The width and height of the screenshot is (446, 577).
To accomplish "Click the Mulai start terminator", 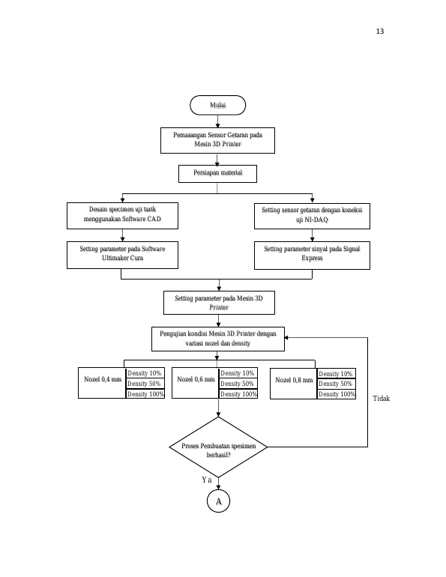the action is pyautogui.click(x=217, y=105).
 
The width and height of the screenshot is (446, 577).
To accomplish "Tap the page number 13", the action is pyautogui.click(x=380, y=31).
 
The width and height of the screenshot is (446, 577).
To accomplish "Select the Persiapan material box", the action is pyautogui.click(x=217, y=174).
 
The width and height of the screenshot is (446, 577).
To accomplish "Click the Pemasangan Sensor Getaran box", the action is pyautogui.click(x=217, y=140).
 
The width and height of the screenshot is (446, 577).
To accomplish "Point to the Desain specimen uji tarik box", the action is pyautogui.click(x=122, y=216).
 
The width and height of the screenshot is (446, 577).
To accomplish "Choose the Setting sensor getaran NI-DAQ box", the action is pyautogui.click(x=312, y=216).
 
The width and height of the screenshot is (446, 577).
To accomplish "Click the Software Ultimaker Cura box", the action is pyautogui.click(x=122, y=255).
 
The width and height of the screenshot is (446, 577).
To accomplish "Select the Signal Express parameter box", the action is pyautogui.click(x=312, y=256).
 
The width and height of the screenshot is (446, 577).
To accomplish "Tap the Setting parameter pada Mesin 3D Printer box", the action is pyautogui.click(x=219, y=303).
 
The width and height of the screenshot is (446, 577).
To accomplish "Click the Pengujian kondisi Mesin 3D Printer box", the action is pyautogui.click(x=218, y=339).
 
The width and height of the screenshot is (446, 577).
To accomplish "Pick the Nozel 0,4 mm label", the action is pyautogui.click(x=103, y=379).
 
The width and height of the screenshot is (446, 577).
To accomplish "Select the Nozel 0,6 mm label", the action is pyautogui.click(x=196, y=379).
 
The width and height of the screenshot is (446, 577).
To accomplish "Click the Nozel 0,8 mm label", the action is pyautogui.click(x=294, y=380).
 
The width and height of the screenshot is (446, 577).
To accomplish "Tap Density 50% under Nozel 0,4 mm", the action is pyautogui.click(x=144, y=384).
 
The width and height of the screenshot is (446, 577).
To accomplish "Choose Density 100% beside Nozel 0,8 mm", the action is pyautogui.click(x=337, y=394).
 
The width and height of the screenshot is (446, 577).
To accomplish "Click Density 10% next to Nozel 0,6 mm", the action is pyautogui.click(x=238, y=373).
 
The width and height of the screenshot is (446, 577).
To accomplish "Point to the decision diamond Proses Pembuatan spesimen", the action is pyautogui.click(x=218, y=447).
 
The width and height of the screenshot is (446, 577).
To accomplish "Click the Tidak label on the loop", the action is pyautogui.click(x=382, y=399).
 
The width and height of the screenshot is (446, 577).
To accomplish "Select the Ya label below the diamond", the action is pyautogui.click(x=206, y=480).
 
